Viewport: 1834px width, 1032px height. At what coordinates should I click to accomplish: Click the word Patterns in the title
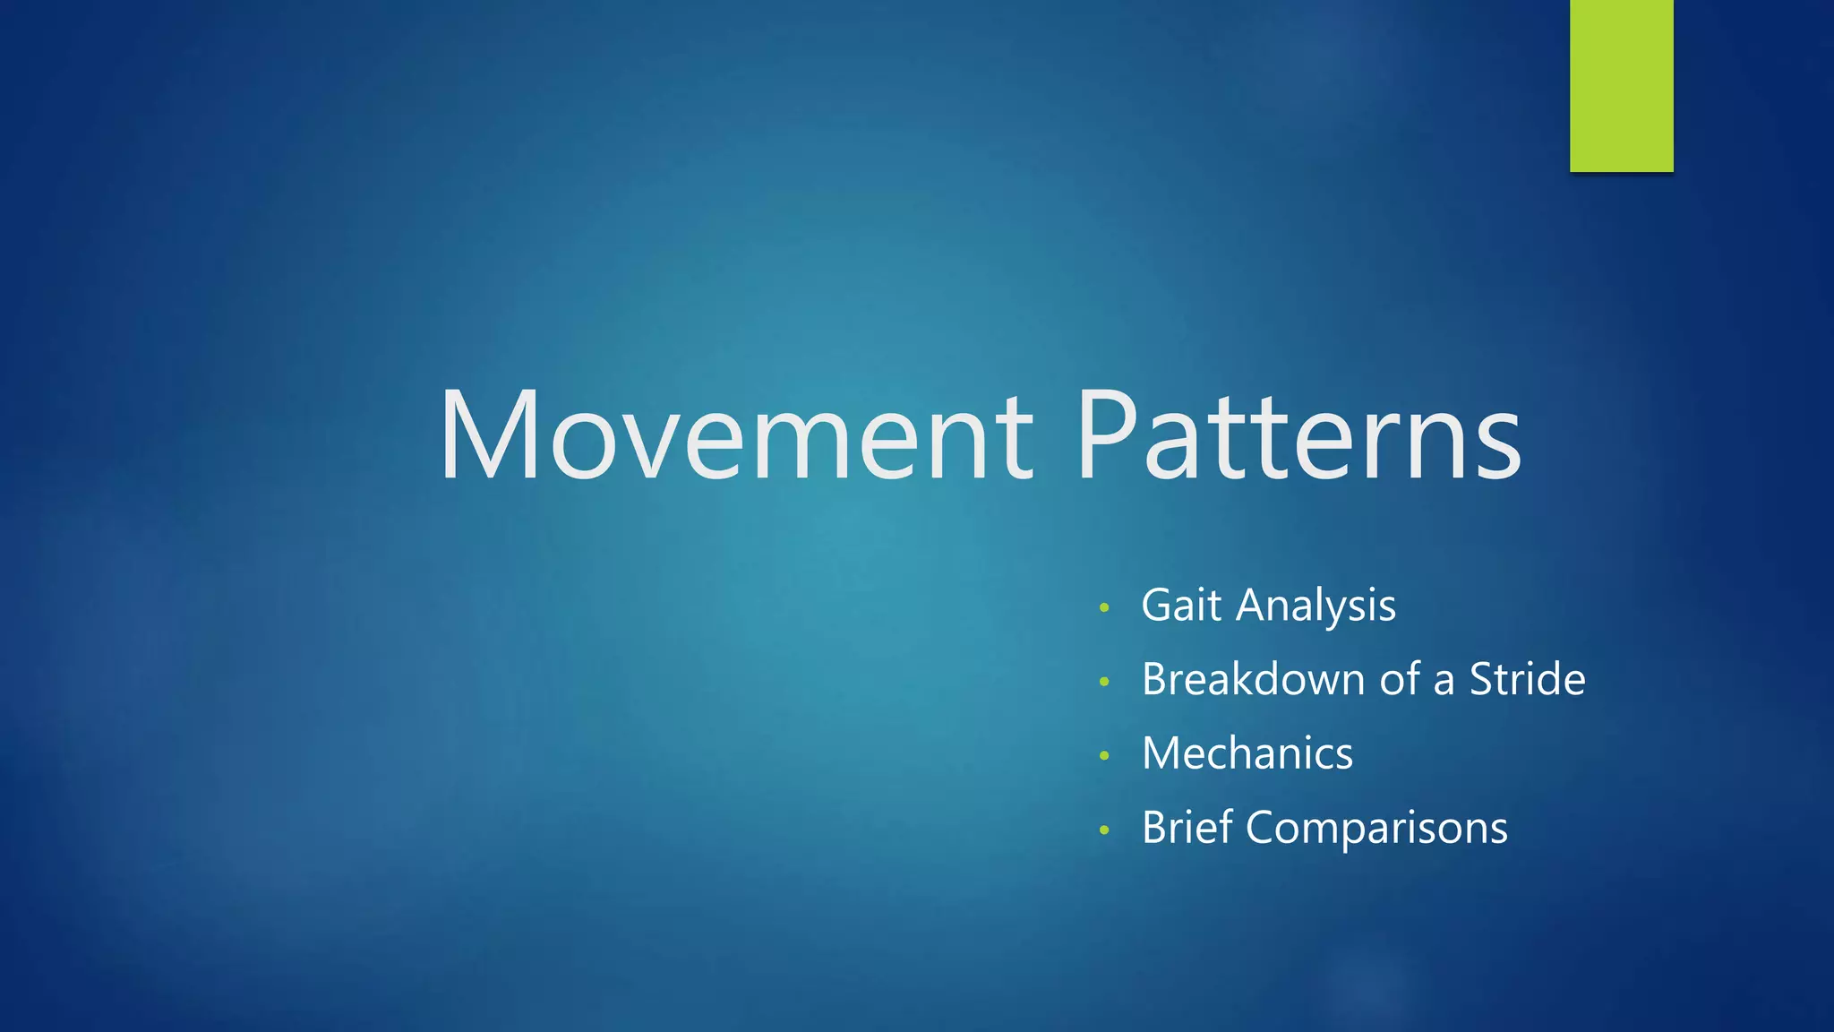[1298, 437]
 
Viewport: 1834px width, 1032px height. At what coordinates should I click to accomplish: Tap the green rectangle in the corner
[1621, 85]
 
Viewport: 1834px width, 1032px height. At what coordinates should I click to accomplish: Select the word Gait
[1181, 606]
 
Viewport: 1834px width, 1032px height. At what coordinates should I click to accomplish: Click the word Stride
[1527, 679]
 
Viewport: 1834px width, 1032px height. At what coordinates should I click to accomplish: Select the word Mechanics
[1247, 753]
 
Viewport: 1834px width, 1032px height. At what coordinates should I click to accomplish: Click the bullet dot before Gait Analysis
[1104, 608]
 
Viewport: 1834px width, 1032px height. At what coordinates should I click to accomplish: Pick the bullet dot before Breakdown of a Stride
[1104, 683]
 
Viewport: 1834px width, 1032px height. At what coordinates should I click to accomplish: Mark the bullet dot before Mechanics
[1104, 756]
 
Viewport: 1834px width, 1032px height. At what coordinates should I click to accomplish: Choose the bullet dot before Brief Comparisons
[1104, 830]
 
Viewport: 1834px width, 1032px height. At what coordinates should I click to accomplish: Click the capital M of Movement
[490, 436]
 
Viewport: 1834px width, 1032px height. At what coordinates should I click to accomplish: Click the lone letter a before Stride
[1444, 683]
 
